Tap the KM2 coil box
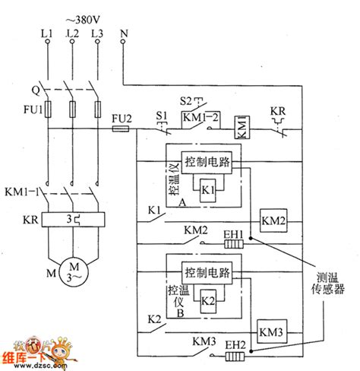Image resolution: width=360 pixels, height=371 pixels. pos(274,220)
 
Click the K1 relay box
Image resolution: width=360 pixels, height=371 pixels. pos(207,189)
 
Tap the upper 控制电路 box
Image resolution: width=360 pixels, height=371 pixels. pos(207,163)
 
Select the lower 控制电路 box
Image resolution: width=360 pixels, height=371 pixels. pos(207,273)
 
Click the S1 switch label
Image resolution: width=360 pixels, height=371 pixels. pos(161,116)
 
